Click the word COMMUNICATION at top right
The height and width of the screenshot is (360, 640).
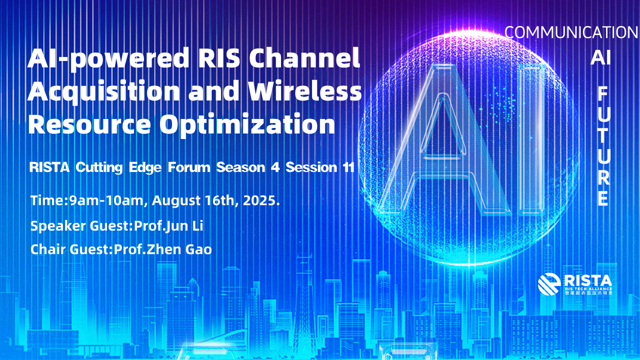click(x=571, y=32)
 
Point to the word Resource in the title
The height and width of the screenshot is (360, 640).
click(x=89, y=123)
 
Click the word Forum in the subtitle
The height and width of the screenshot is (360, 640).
click(x=189, y=167)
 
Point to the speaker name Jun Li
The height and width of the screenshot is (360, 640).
click(x=184, y=226)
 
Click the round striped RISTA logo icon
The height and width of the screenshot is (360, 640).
click(x=549, y=283)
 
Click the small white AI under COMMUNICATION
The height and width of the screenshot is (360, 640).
click(x=600, y=57)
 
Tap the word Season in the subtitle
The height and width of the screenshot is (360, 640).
click(x=240, y=167)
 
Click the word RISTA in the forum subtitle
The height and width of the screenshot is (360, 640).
click(x=49, y=167)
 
